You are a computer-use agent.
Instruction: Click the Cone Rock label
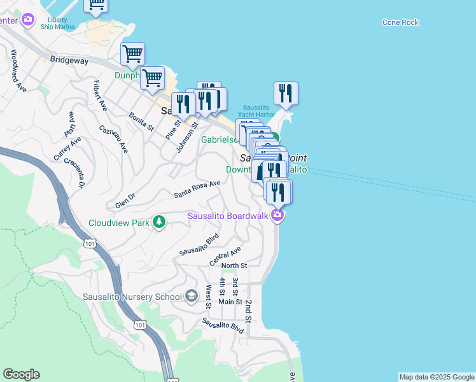[x=401, y=22]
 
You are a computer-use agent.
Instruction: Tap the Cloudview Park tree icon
[x=159, y=222]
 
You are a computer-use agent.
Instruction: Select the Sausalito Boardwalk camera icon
[x=277, y=216]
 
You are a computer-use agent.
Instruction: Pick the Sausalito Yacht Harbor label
[x=258, y=111]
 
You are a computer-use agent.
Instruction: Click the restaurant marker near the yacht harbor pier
[x=286, y=93]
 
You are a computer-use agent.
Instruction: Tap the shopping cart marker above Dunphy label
[x=132, y=53]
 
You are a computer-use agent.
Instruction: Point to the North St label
[x=234, y=265]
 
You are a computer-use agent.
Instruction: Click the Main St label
[x=230, y=302]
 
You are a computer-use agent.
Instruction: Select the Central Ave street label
[x=225, y=257]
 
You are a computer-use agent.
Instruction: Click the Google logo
[x=21, y=374]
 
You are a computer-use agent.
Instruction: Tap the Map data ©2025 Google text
[x=436, y=377]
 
